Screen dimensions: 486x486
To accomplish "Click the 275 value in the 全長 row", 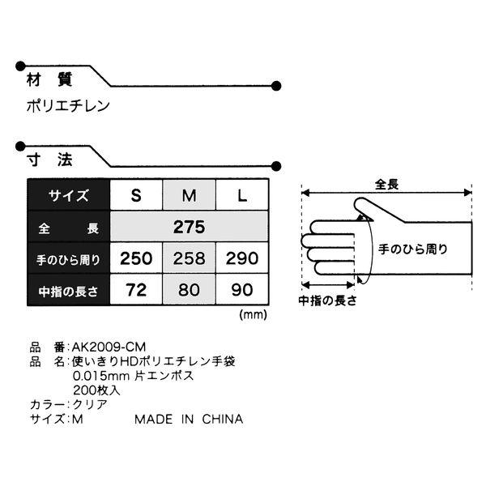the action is [x=189, y=227].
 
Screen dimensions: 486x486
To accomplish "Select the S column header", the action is [x=136, y=195].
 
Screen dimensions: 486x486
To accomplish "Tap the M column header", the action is [x=189, y=195].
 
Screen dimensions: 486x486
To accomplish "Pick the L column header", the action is [x=242, y=195].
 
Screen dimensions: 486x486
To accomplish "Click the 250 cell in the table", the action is [x=136, y=258].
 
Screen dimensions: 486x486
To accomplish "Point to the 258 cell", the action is [x=189, y=258].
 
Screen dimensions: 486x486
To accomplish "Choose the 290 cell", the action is [x=242, y=258].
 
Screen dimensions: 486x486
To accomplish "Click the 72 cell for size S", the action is [x=136, y=290].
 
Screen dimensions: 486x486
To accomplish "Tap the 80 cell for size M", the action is [x=189, y=290].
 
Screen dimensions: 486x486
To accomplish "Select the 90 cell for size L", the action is [x=242, y=290].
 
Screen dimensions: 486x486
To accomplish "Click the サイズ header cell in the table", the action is [x=69, y=195].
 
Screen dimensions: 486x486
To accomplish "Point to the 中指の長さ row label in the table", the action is [x=69, y=291].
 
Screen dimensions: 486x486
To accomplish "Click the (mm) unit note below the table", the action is [x=253, y=315].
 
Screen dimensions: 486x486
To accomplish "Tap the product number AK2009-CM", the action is [x=109, y=347].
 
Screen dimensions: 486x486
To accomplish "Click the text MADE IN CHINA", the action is [x=189, y=419].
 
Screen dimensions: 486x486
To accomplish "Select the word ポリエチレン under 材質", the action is [x=68, y=106].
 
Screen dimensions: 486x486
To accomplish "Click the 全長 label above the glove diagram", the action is [x=387, y=185].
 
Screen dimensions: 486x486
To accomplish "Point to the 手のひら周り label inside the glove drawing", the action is [x=413, y=249].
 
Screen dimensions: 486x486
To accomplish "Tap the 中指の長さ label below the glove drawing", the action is [x=327, y=301].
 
